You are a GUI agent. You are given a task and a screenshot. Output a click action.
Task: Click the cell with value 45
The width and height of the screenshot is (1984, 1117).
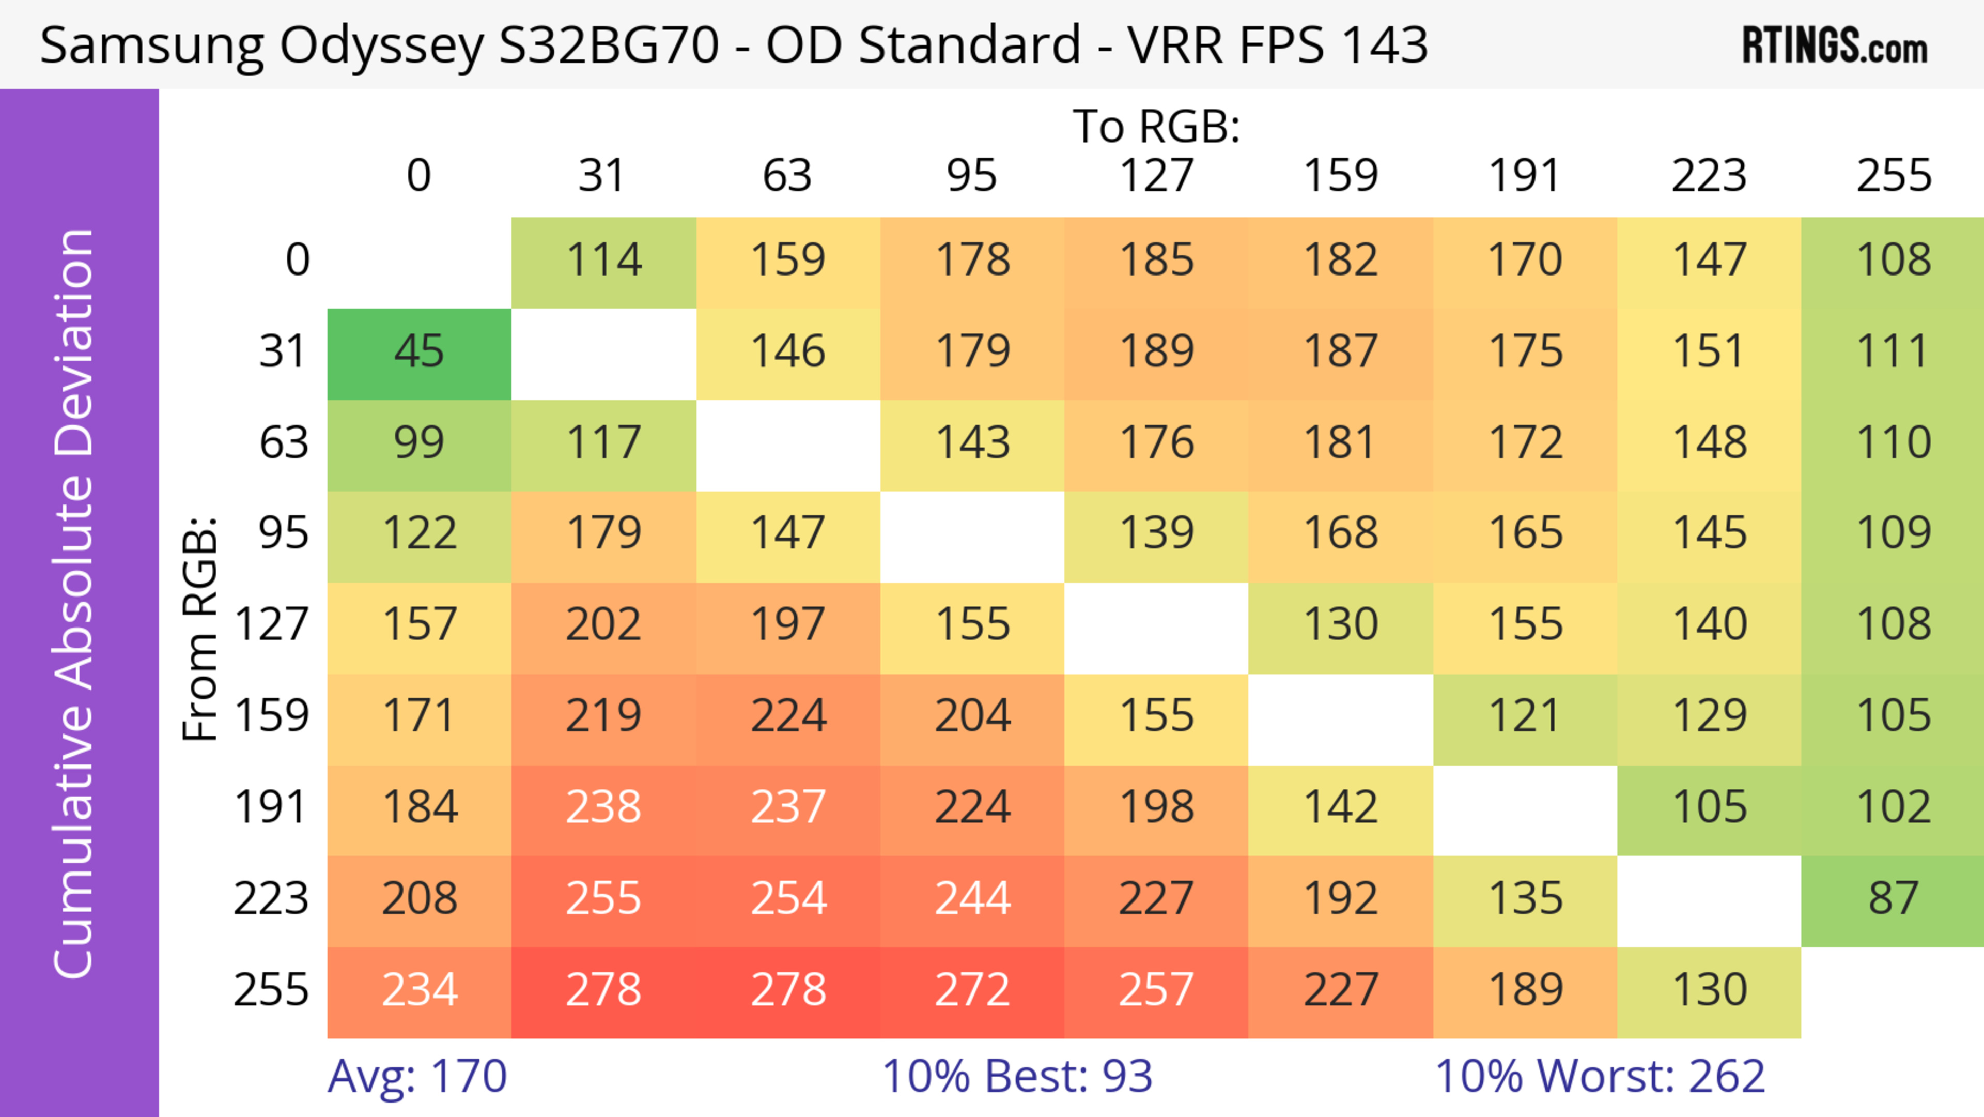(x=419, y=352)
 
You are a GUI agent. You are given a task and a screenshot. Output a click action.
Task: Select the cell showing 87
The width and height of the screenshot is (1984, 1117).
(x=1893, y=899)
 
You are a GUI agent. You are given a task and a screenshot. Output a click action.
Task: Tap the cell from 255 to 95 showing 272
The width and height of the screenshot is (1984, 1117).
(x=972, y=990)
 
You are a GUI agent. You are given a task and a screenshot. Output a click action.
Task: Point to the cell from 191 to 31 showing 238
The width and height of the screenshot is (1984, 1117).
(x=604, y=808)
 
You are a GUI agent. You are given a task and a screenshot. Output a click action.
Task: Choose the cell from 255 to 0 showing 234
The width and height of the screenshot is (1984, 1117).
(x=419, y=990)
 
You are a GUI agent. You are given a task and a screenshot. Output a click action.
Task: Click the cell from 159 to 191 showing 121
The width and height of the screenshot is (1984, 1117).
(x=1525, y=716)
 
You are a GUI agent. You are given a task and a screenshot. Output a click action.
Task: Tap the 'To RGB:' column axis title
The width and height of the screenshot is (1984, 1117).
(x=1156, y=126)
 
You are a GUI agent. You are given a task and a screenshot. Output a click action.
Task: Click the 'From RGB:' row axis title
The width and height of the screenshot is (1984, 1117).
(x=200, y=628)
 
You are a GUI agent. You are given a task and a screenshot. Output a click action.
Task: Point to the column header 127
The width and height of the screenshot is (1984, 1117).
(x=1156, y=176)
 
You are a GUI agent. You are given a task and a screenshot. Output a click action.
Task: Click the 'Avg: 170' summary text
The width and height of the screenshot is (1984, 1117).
(x=416, y=1076)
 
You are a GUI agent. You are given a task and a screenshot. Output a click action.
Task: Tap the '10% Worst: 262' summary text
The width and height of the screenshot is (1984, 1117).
(x=1600, y=1076)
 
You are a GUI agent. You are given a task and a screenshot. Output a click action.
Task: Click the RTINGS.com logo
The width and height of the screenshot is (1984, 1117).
(x=1835, y=45)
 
